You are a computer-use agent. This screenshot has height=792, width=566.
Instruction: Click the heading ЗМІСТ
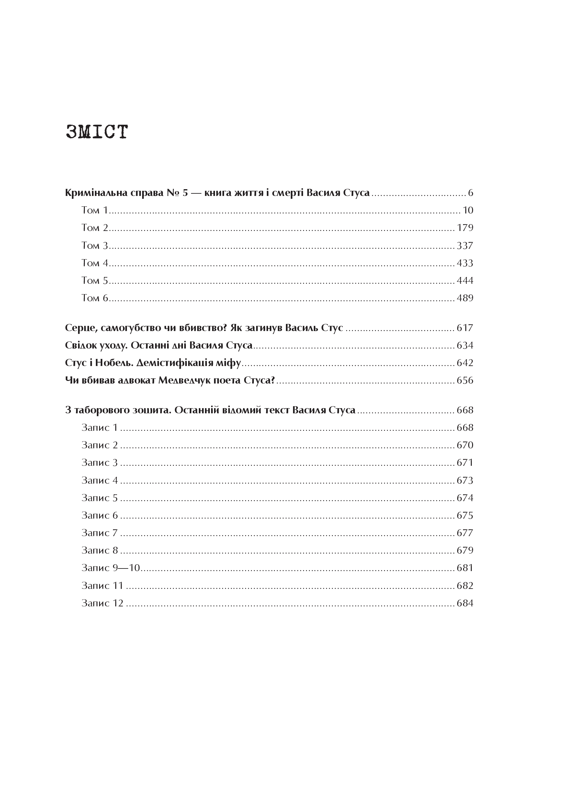pyautogui.click(x=97, y=132)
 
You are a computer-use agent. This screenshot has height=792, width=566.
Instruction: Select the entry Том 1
pyautogui.click(x=95, y=210)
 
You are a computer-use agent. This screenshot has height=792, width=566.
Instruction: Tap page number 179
pyautogui.click(x=465, y=228)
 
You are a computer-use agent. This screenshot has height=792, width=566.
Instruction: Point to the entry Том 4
pyautogui.click(x=95, y=263)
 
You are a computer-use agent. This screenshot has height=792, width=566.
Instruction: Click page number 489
pyautogui.click(x=465, y=298)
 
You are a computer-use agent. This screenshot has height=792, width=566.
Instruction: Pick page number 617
pyautogui.click(x=465, y=328)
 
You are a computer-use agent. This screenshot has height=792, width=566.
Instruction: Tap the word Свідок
pyautogui.click(x=79, y=345)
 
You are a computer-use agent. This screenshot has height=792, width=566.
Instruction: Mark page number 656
pyautogui.click(x=465, y=380)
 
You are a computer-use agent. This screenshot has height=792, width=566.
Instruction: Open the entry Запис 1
pyautogui.click(x=100, y=428)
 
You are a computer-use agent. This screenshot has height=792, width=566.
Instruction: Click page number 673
pyautogui.click(x=465, y=481)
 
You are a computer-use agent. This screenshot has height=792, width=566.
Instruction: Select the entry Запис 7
pyautogui.click(x=100, y=533)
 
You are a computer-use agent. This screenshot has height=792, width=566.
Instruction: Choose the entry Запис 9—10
pyautogui.click(x=110, y=568)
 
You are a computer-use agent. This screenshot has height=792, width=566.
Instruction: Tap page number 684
pyautogui.click(x=465, y=603)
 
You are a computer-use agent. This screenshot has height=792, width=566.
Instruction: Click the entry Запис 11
pyautogui.click(x=102, y=586)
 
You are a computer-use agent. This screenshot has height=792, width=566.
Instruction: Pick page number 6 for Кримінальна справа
pyautogui.click(x=470, y=193)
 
